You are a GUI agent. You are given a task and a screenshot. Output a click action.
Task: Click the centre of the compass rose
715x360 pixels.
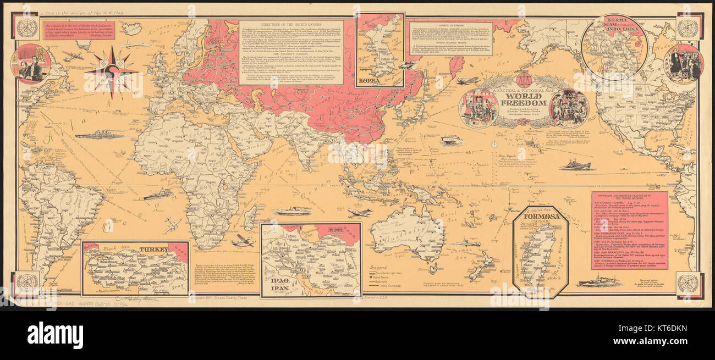click(x=112, y=72)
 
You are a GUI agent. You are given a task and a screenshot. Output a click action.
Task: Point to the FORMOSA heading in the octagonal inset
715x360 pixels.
click(x=540, y=217)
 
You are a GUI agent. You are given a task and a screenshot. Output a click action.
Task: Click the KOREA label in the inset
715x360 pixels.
click(x=372, y=80)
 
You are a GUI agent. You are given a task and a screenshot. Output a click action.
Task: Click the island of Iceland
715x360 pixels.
click(x=131, y=29)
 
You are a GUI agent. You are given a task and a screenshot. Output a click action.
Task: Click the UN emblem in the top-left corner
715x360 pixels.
click(x=26, y=27)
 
